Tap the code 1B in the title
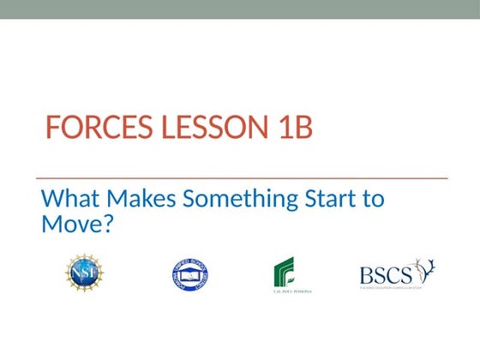pos(291,129)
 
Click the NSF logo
pos(84,273)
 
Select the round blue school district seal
pos(189,274)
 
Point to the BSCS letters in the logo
pos(386,273)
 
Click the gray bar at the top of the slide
pos(240,9)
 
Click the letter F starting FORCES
pos(52,129)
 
